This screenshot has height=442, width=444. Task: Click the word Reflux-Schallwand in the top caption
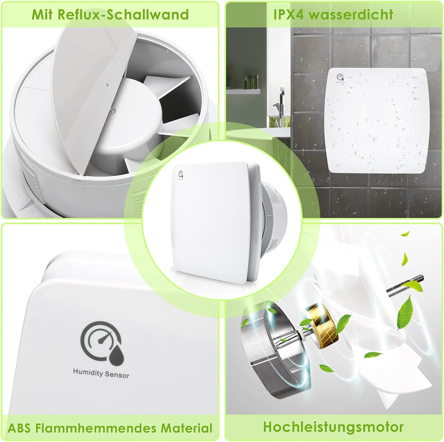tap(123, 14)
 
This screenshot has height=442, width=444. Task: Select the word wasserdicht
tap(351, 14)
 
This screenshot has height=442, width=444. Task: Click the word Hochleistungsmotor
tap(333, 426)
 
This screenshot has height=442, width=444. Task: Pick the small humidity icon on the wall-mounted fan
tap(340, 77)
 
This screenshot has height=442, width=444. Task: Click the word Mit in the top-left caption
tap(43, 14)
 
